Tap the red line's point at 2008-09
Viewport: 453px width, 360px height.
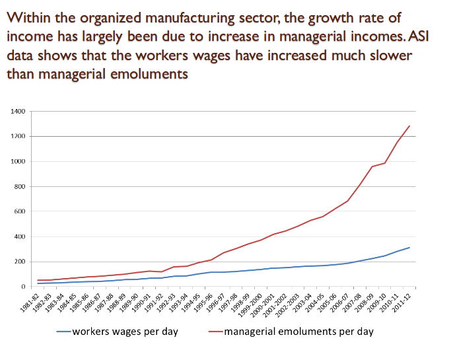[372, 166]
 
